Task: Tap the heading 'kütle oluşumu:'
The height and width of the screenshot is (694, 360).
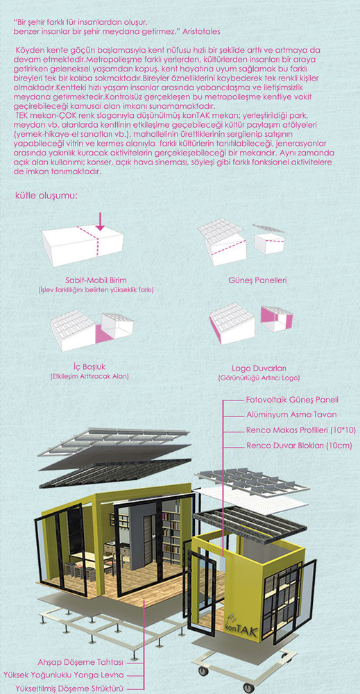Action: [x=46, y=196]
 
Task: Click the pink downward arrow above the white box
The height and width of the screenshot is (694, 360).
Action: [x=101, y=221]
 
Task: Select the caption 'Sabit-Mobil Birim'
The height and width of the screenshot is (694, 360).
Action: [x=96, y=280]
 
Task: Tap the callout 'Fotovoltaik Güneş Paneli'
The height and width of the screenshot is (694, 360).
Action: [x=292, y=400]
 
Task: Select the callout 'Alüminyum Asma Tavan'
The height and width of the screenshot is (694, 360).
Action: [x=291, y=415]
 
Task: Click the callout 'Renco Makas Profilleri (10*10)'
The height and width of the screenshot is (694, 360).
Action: [x=301, y=430]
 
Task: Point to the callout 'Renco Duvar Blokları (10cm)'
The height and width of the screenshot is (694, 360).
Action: [x=299, y=446]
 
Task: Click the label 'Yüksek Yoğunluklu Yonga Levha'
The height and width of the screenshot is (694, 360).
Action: [x=64, y=675]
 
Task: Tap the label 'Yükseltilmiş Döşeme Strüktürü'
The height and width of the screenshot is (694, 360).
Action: [x=69, y=688]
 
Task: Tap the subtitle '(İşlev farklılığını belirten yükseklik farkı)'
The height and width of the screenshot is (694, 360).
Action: [x=96, y=290]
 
